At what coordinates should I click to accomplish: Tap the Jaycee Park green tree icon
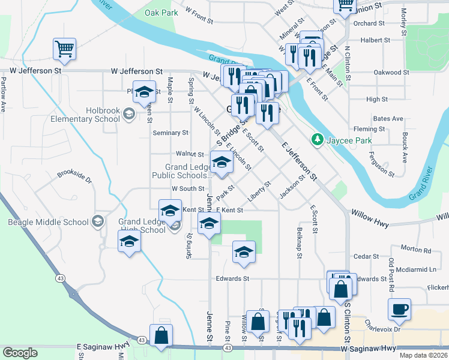point(318,140)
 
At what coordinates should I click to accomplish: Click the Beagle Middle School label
point(48,222)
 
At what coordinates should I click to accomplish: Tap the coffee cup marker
point(399,310)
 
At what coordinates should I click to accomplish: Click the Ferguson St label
point(382,166)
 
